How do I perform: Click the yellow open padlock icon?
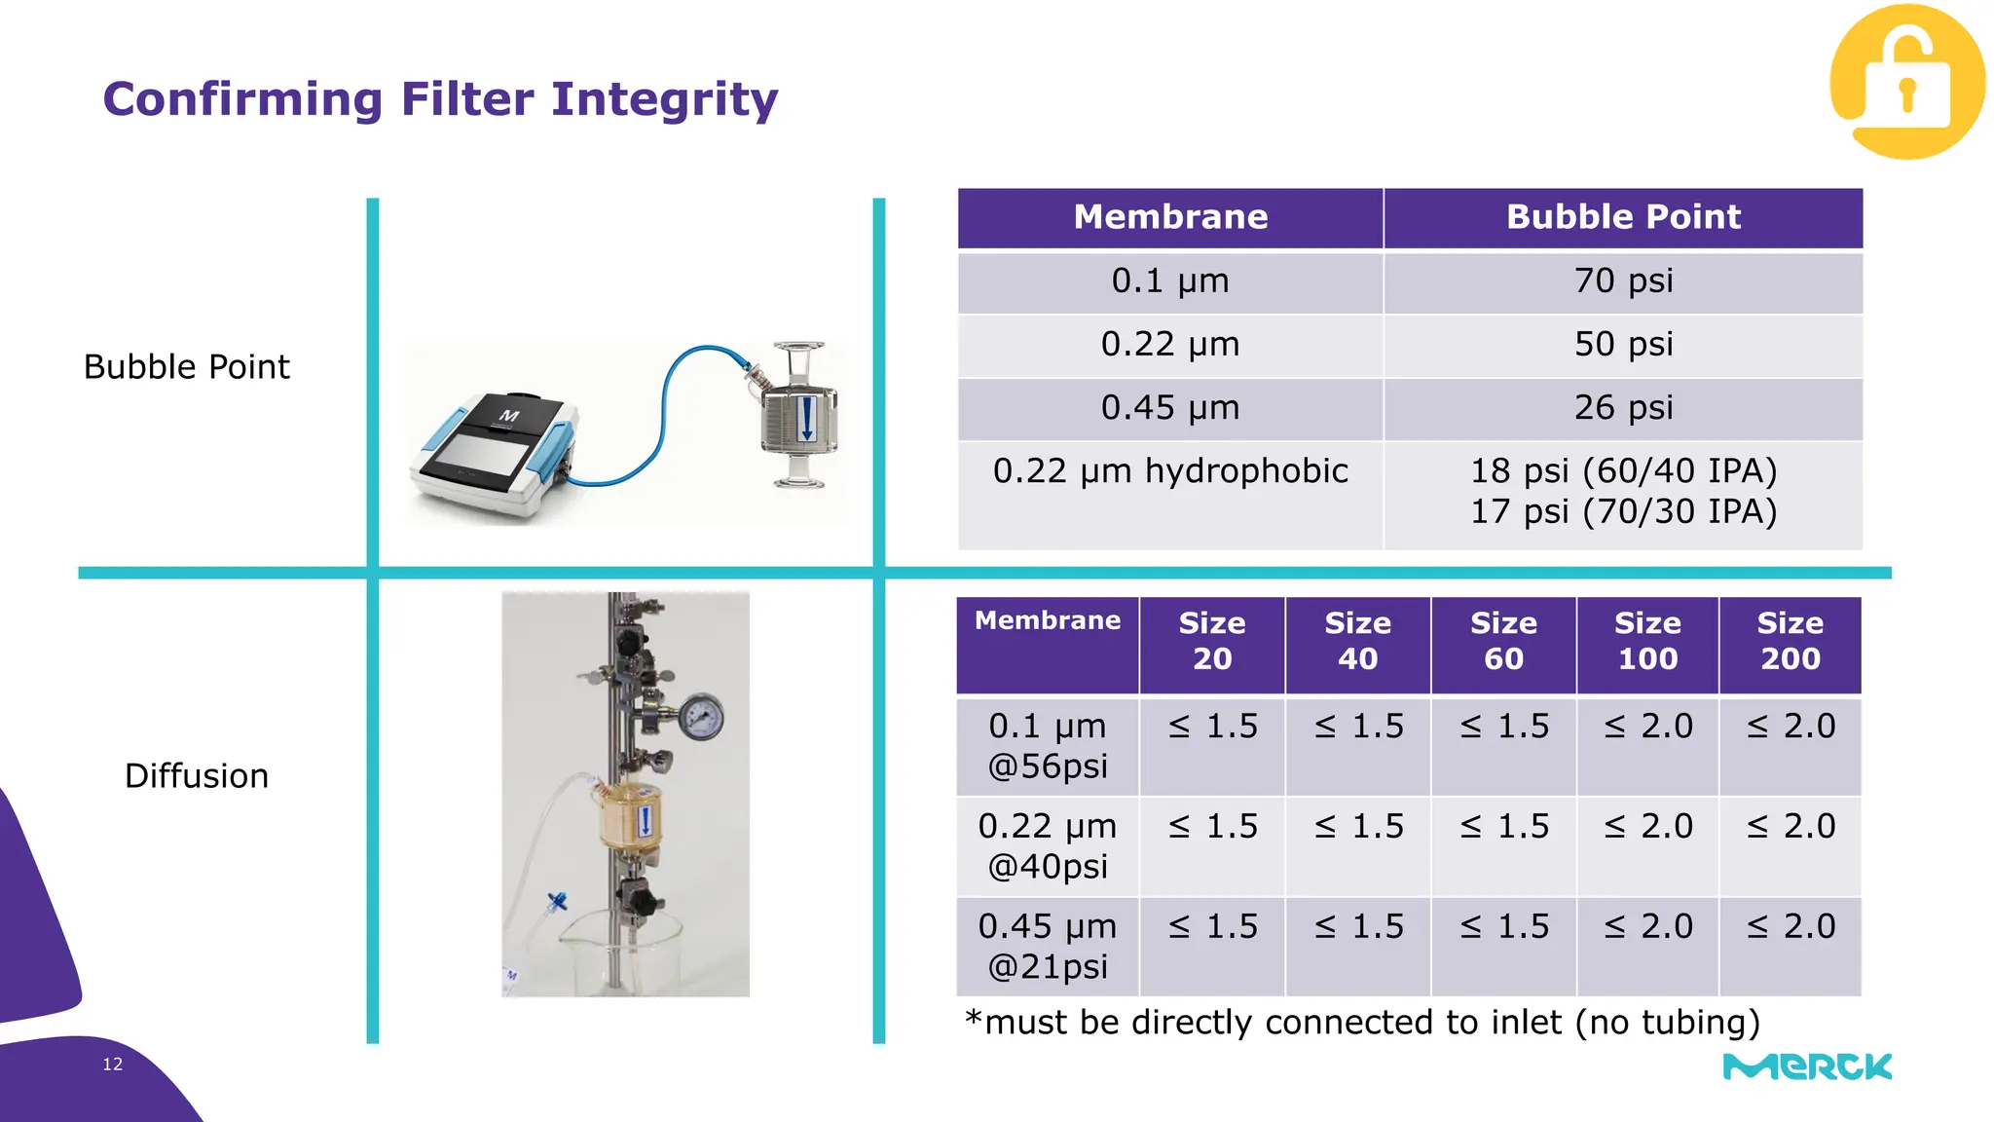pos(1906,82)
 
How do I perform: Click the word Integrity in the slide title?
pos(664,99)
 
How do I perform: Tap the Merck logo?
pos(1807,1066)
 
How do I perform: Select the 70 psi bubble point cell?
pos(1623,281)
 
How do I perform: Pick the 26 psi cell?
pos(1623,408)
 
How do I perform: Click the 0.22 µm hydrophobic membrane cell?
pos(1170,472)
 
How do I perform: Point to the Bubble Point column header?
pos(1623,217)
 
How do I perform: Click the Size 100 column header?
pos(1647,642)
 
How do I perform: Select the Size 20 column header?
pos(1212,642)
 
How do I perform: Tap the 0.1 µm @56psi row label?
pos(1048,746)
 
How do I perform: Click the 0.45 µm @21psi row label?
pos(1048,947)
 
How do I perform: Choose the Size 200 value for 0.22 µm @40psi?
pos(1791,827)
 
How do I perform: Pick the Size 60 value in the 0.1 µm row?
pos(1503,727)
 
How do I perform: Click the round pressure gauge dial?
pos(700,719)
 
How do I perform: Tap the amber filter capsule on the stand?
pos(630,816)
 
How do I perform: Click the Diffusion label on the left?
pos(197,776)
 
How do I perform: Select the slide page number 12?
pos(113,1065)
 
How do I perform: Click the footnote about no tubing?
pos(1363,1023)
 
